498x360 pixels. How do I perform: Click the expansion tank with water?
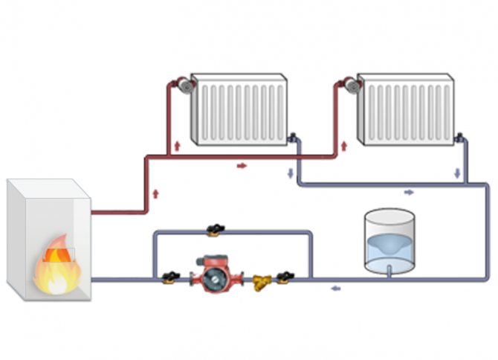pyautogui.click(x=389, y=240)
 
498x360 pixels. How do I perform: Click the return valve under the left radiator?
pyautogui.click(x=294, y=138)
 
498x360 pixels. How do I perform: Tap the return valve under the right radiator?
pyautogui.click(x=461, y=138)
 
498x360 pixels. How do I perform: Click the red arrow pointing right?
pyautogui.click(x=242, y=165)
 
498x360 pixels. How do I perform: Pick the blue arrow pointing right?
pyautogui.click(x=409, y=192)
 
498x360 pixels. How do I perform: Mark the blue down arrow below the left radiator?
pyautogui.click(x=290, y=173)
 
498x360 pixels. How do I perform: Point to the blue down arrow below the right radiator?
pyautogui.click(x=458, y=173)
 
